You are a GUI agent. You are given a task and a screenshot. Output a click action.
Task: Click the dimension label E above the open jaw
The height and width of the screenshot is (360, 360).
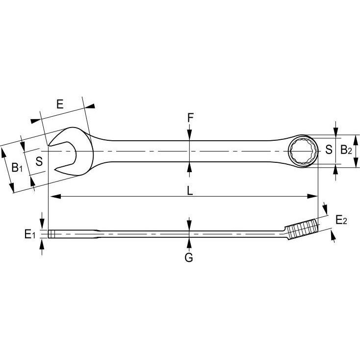60,104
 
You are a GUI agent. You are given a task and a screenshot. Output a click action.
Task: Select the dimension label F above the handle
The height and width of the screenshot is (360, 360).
190,118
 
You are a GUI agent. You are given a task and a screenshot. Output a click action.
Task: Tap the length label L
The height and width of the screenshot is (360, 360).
190,190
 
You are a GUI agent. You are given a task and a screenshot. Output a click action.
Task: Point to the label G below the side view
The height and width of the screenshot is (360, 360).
189,257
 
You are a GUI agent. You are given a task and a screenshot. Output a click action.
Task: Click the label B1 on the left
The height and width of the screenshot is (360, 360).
17,168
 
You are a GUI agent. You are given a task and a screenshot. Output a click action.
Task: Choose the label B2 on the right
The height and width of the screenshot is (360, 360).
346,150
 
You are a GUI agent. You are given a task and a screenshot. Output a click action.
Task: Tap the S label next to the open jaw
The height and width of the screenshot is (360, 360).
39,160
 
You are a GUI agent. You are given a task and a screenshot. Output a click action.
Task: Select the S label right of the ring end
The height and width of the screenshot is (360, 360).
329,150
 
